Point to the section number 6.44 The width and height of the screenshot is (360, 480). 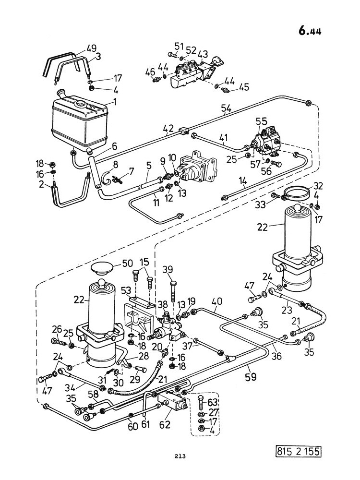coord(310,31)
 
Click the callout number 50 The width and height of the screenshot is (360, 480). coord(127,263)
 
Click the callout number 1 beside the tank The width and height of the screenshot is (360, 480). coord(115,102)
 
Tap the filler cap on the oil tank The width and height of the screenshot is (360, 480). coord(61,93)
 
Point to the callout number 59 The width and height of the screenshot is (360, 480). coord(251,376)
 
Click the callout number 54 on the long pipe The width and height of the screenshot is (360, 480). coord(226,108)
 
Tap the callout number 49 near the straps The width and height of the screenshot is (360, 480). coord(91,48)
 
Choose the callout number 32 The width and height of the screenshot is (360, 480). coord(318,186)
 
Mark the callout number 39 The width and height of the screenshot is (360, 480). coord(168,269)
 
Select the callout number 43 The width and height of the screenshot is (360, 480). coord(203,54)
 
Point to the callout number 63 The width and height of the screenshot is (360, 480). coord(212,402)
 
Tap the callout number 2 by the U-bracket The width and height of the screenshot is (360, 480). coord(42,184)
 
